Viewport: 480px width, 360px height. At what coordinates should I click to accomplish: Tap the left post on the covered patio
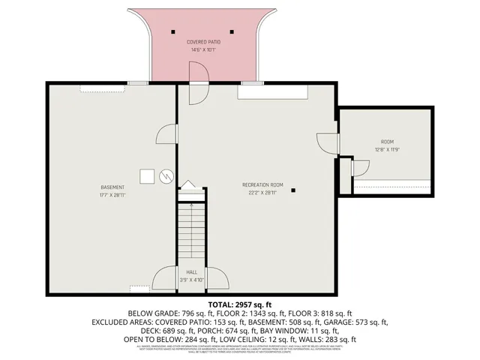[x=172, y=31]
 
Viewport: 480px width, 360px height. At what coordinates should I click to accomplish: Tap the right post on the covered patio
[x=232, y=31]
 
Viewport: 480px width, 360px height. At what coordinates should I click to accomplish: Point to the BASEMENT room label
[x=112, y=187]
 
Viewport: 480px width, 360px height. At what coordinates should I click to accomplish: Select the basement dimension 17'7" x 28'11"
[x=112, y=195]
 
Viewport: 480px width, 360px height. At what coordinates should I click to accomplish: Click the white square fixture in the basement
[x=148, y=175]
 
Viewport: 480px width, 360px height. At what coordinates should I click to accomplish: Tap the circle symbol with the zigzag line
[x=166, y=177]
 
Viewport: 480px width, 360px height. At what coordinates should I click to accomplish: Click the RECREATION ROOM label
[x=262, y=184]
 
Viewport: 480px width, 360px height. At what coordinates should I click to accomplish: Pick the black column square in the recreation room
[x=294, y=190]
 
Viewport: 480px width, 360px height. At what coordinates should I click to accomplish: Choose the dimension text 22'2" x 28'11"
[x=262, y=193]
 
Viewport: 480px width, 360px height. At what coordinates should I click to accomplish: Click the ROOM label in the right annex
[x=386, y=141]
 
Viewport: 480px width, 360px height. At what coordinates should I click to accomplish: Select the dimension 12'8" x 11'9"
[x=386, y=149]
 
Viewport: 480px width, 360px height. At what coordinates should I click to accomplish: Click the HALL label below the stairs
[x=191, y=272]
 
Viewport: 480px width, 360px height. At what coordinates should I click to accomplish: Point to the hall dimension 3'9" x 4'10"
[x=191, y=280]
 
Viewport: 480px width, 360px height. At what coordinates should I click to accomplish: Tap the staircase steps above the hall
[x=191, y=232]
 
